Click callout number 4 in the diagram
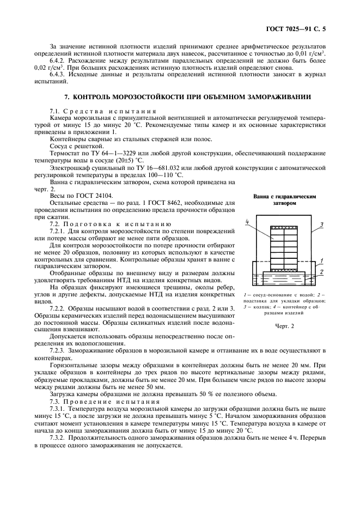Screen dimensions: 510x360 [x=247, y=222]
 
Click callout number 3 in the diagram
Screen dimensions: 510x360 [x=321, y=224]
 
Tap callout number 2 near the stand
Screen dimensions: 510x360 [x=321, y=271]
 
